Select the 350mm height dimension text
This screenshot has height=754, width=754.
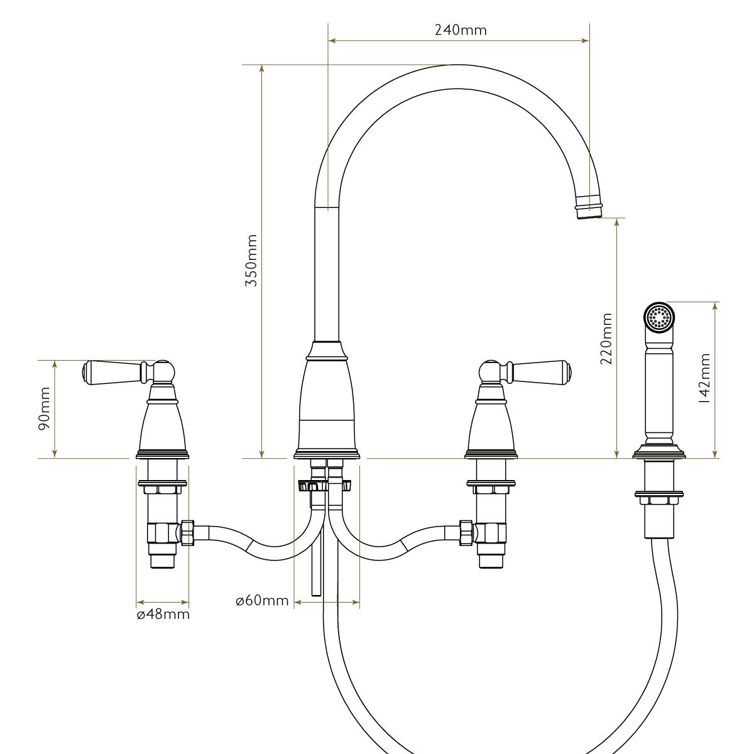pyautogui.click(x=251, y=261)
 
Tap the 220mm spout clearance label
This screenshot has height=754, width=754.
pyautogui.click(x=606, y=339)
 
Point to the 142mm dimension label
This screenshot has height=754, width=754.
pyautogui.click(x=705, y=378)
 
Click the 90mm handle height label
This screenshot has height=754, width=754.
pyautogui.click(x=44, y=409)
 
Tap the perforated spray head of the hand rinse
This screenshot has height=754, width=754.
pyautogui.click(x=660, y=317)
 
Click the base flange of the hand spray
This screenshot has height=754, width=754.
pyautogui.click(x=659, y=452)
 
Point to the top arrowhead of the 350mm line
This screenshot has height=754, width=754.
pyautogui.click(x=262, y=69)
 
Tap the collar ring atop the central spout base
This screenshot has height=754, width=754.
pyautogui.click(x=327, y=356)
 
